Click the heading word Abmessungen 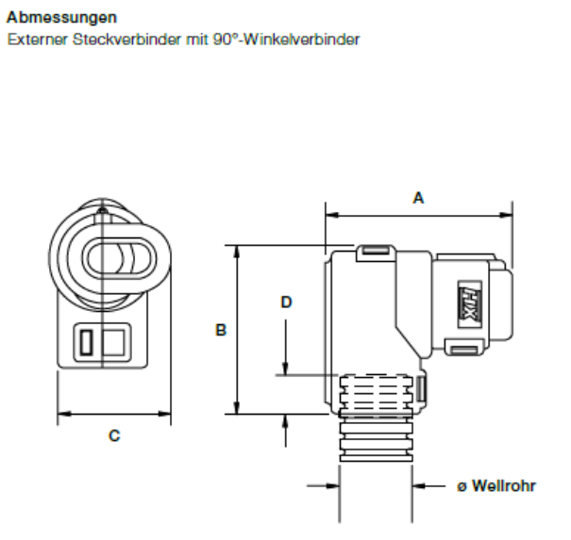pyautogui.click(x=50, y=17)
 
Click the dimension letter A pyautogui.click(x=418, y=198)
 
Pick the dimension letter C pyautogui.click(x=113, y=435)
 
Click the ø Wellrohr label pyautogui.click(x=496, y=486)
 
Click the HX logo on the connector pyautogui.click(x=470, y=303)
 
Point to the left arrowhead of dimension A pyautogui.click(x=330, y=214)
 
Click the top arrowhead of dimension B pyautogui.click(x=237, y=250)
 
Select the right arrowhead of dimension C pyautogui.click(x=165, y=413)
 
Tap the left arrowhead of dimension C pyautogui.click(x=63, y=413)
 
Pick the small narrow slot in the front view pyautogui.click(x=84, y=343)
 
